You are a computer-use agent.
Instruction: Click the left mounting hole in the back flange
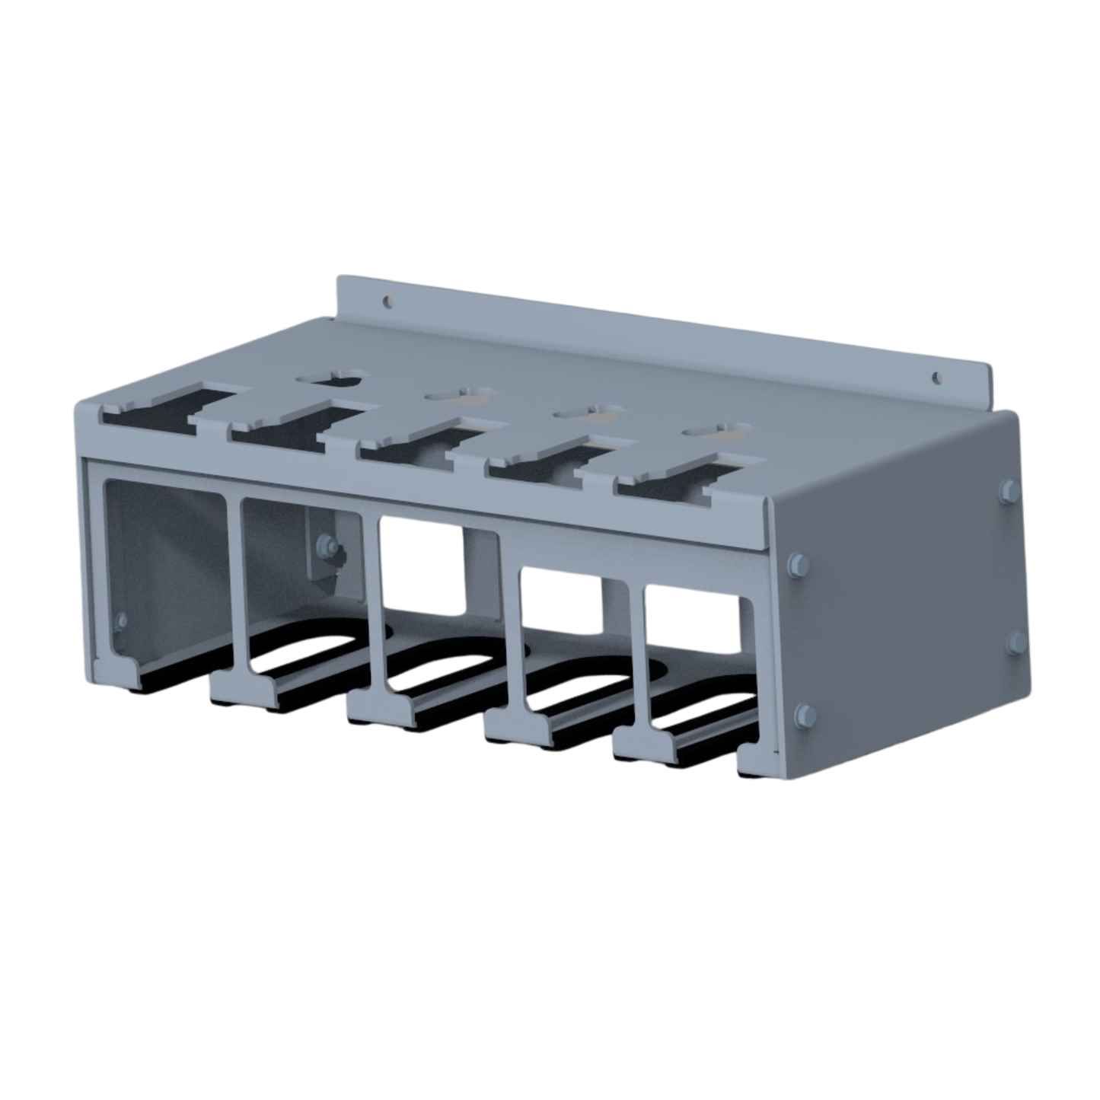389,301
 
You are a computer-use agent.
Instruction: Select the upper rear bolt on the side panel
1009,489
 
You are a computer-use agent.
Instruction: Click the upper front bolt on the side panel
797,563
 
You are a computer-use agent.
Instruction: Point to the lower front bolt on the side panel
803,714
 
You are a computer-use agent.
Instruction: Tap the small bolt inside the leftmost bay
120,620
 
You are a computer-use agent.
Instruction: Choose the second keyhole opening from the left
459,397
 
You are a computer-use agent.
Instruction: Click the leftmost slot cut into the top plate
162,412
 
